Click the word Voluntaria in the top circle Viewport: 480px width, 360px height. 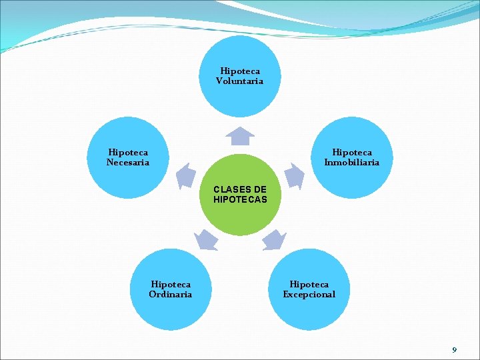coord(239,81)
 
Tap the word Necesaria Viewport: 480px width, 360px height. coord(128,163)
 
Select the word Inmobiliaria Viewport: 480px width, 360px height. coord(352,163)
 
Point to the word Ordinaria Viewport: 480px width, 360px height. coord(171,295)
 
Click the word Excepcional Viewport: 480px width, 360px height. coord(309,295)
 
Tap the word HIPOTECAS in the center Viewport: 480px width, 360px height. coord(240,199)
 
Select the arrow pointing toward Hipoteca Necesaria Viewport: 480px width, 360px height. coord(185,175)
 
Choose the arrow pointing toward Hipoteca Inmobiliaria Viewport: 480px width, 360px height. coord(294,175)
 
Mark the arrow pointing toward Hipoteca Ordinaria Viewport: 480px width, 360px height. coord(206,239)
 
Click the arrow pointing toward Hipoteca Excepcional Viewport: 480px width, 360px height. coord(273,239)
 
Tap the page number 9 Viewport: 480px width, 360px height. coord(454,350)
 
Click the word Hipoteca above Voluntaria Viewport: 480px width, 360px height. coord(240,71)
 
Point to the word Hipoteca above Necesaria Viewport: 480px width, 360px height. coord(128,153)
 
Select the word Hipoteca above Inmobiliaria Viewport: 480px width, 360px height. coord(352,153)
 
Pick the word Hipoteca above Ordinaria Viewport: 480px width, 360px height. coord(171,285)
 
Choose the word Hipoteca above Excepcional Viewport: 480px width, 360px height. coord(309,285)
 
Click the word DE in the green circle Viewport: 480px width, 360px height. coord(259,189)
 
